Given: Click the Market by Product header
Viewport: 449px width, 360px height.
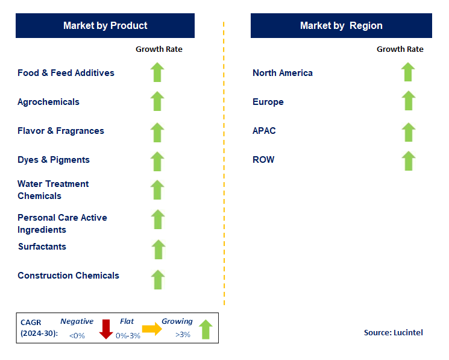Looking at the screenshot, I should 105,25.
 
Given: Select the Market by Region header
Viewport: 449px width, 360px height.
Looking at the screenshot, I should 341,25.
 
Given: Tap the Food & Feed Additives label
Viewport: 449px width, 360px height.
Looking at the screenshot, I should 66,73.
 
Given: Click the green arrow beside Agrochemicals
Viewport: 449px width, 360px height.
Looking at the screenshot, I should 157,101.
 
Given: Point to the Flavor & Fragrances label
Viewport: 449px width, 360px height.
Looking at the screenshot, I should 61,131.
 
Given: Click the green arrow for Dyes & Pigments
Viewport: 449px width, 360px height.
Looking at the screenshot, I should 157,161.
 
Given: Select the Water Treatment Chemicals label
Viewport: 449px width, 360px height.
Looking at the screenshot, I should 53,190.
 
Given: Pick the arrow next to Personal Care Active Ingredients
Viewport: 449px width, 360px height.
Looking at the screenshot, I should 158,219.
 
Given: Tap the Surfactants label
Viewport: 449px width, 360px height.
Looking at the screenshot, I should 42,247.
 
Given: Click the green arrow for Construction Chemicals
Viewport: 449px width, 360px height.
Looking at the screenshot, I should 158,279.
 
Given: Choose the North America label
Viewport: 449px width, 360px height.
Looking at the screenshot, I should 283,73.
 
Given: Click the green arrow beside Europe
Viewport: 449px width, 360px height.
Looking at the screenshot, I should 408,101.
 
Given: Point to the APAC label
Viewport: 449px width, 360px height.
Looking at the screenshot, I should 264,131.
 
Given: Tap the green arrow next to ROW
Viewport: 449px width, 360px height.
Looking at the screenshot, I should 408,161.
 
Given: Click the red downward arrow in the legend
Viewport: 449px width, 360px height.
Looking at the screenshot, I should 106,329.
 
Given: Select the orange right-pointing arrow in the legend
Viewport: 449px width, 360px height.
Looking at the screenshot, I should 152,329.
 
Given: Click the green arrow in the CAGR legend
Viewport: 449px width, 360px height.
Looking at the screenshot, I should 206,329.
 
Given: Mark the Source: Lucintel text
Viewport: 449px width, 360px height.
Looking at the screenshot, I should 393,333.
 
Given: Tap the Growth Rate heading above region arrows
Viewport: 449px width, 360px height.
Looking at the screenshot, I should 400,49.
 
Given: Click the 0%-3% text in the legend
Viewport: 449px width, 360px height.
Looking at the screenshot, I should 128,335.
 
